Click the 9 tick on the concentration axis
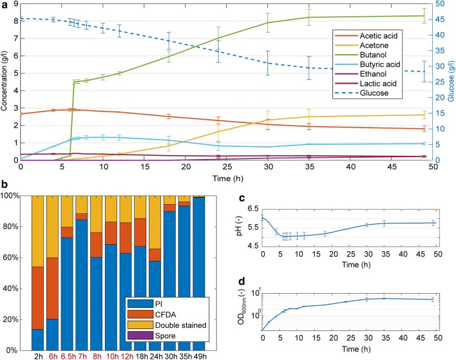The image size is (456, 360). click(x=15, y=4)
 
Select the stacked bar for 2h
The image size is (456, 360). click(x=36, y=270)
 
